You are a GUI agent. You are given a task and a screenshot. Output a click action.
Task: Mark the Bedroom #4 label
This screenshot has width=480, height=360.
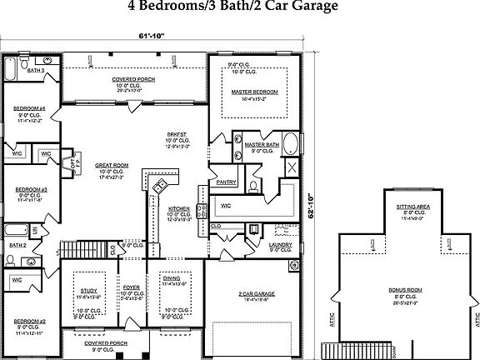[x=29, y=109]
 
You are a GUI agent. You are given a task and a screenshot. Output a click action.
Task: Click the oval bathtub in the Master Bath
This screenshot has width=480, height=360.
[x=291, y=144]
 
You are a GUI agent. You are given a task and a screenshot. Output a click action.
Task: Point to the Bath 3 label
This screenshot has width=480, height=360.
[x=36, y=72]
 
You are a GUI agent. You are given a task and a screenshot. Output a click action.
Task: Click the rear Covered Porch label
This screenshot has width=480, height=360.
[x=134, y=79]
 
